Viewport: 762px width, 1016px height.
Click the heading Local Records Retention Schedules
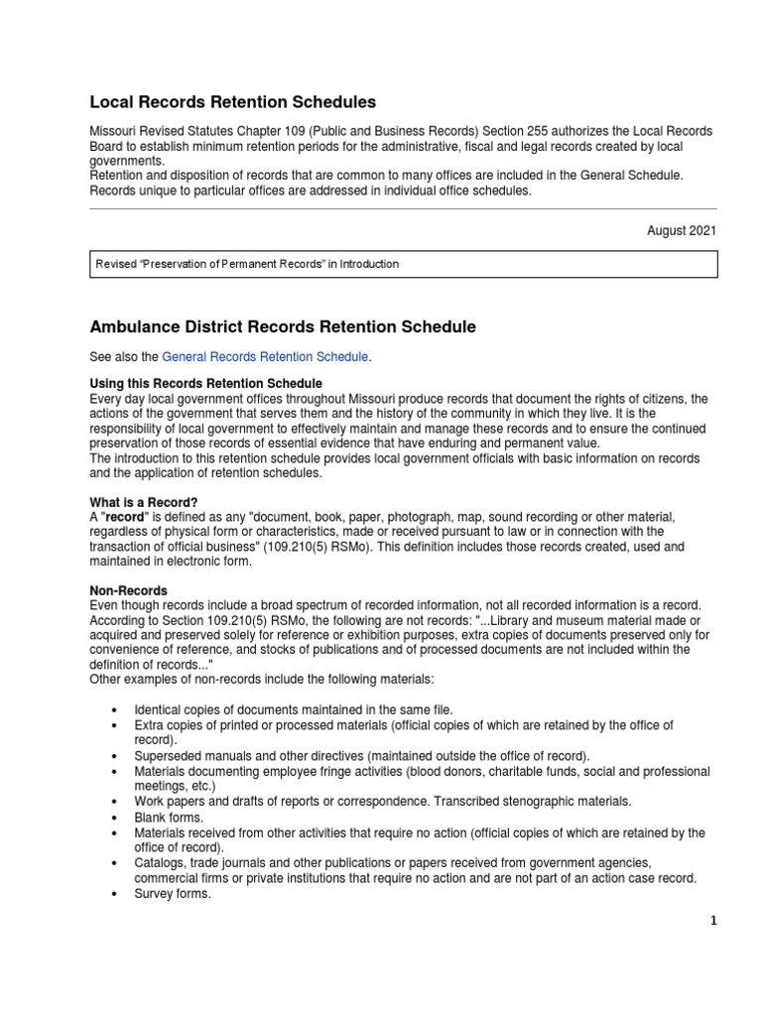pos(233,101)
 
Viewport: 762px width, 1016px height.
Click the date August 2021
pos(681,230)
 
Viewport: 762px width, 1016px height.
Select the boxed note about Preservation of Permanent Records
pos(402,264)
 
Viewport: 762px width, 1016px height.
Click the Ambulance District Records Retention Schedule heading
pos(283,326)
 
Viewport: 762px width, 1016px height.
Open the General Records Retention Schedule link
pos(264,356)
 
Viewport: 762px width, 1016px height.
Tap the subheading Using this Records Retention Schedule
pos(205,383)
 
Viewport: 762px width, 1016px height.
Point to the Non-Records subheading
pos(128,590)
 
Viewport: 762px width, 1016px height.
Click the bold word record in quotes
pos(125,517)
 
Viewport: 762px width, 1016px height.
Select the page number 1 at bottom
pos(712,920)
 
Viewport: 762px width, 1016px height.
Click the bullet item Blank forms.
pos(169,818)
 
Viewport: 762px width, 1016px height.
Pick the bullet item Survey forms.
pos(173,893)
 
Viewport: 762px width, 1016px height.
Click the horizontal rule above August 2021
pos(403,209)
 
